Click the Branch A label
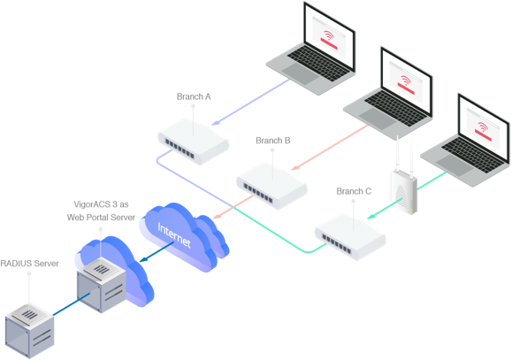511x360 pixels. coord(194,96)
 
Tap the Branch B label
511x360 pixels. coord(273,141)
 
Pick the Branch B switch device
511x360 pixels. coord(272,182)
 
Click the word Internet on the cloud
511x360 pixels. coord(173,231)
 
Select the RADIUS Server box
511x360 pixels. coord(30,322)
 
